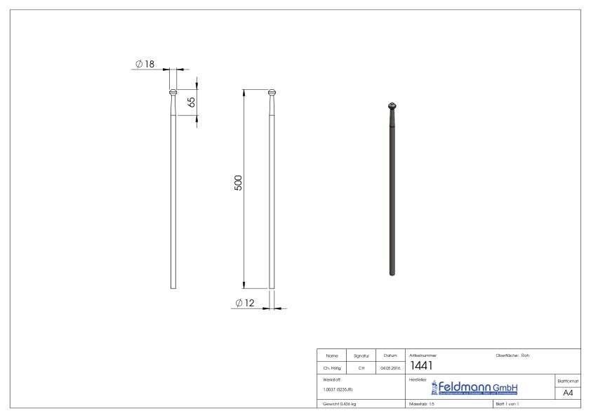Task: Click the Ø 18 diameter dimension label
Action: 145,64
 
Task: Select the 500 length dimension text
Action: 238,183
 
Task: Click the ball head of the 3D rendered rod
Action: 392,106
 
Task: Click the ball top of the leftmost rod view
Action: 173,91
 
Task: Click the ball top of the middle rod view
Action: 273,91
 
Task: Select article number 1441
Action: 420,367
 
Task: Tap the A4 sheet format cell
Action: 568,393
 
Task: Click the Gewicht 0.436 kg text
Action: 340,405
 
